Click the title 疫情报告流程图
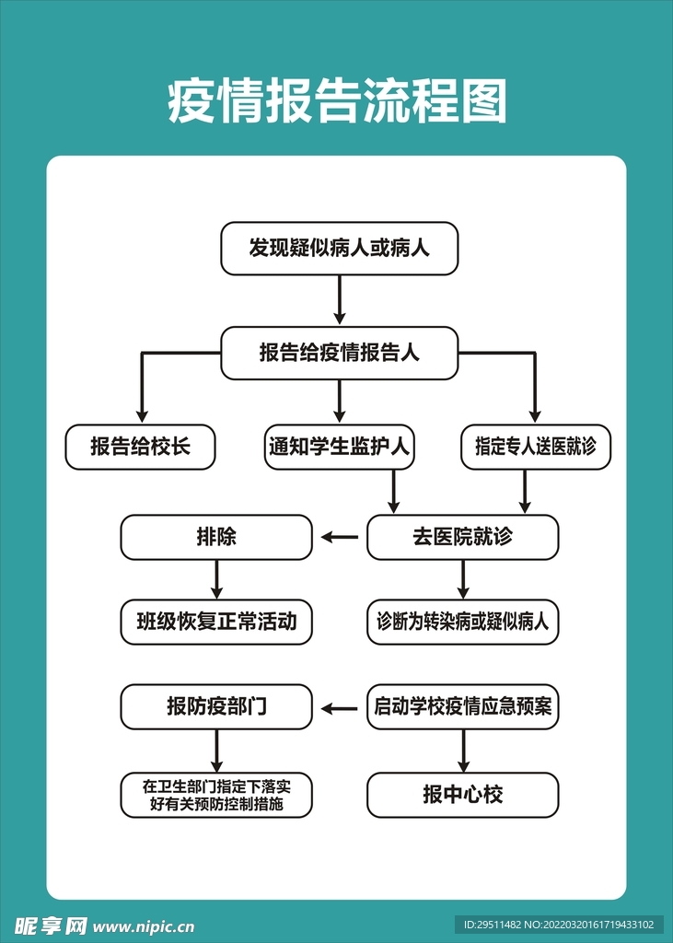pyautogui.click(x=337, y=101)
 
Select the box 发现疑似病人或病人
pyautogui.click(x=339, y=249)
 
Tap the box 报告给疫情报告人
pyautogui.click(x=339, y=353)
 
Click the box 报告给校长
pyautogui.click(x=140, y=447)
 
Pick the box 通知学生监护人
pyautogui.click(x=339, y=447)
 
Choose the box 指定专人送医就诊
pyautogui.click(x=536, y=447)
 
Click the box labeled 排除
pyautogui.click(x=216, y=537)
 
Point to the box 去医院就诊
pyautogui.click(x=462, y=537)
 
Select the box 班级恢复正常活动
pyautogui.click(x=216, y=622)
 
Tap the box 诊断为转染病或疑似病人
pyautogui.click(x=462, y=622)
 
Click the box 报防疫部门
pyautogui.click(x=216, y=706)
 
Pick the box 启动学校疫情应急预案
pyautogui.click(x=462, y=706)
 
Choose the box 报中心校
pyautogui.click(x=462, y=795)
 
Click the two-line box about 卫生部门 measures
pyautogui.click(x=216, y=795)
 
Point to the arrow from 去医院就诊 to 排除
pyautogui.click(x=340, y=537)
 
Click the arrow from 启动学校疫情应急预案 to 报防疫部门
pyautogui.click(x=340, y=709)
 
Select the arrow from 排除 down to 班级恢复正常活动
pyautogui.click(x=216, y=580)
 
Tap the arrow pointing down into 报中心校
pyautogui.click(x=463, y=751)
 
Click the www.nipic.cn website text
pyautogui.click(x=144, y=926)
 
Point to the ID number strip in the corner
pyautogui.click(x=559, y=925)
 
